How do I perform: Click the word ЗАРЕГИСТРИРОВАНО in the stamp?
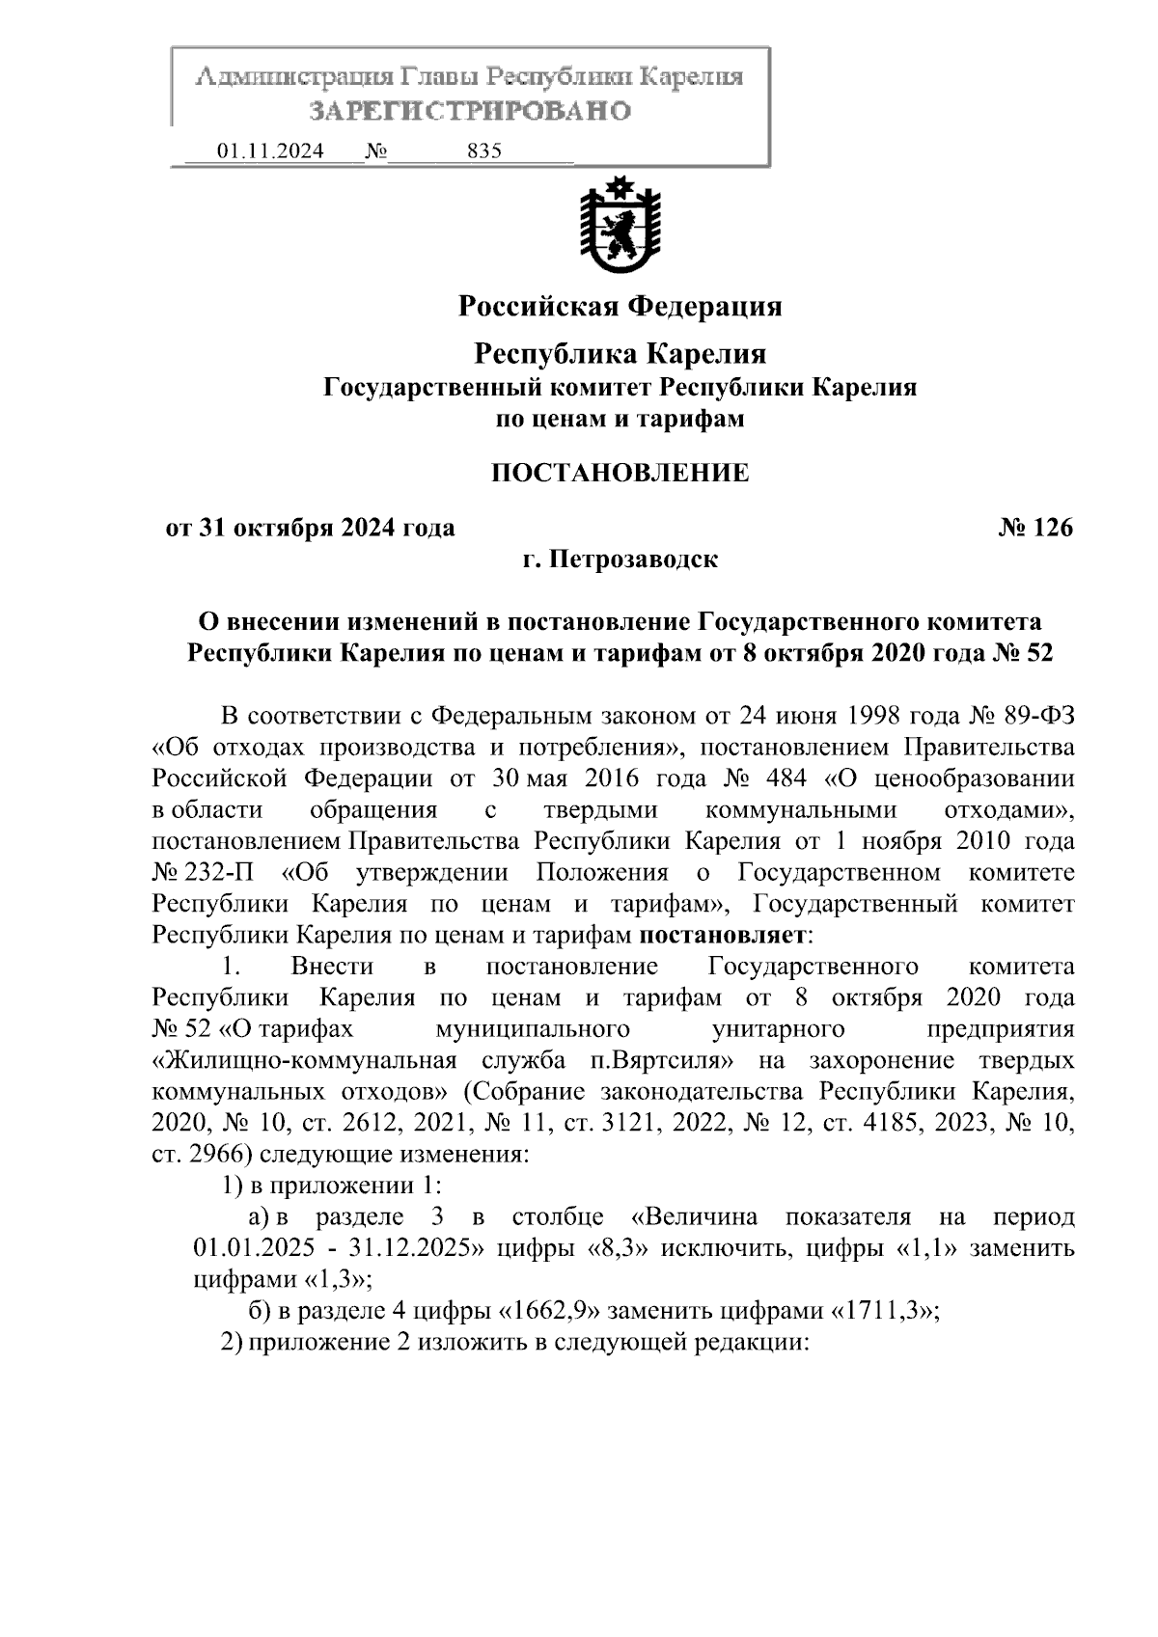point(470,111)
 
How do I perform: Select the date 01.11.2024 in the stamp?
point(270,151)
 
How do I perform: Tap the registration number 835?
point(483,151)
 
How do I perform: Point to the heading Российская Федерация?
point(620,307)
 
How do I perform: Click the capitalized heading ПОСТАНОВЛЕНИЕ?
point(620,473)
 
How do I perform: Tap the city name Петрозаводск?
point(633,559)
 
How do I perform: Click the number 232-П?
point(214,873)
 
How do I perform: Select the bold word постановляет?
point(720,935)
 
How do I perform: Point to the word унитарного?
point(778,1028)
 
